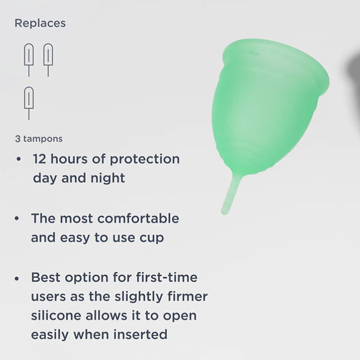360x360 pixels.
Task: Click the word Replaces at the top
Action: pyautogui.click(x=40, y=23)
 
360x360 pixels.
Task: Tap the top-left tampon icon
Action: pyautogui.click(x=29, y=59)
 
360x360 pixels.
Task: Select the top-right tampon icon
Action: pyautogui.click(x=48, y=59)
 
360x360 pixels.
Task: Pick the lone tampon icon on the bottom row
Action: pyautogui.click(x=29, y=102)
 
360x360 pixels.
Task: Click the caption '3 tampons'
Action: pyautogui.click(x=38, y=138)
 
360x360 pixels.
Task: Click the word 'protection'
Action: pyautogui.click(x=146, y=159)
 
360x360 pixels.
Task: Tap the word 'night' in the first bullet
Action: pyautogui.click(x=109, y=178)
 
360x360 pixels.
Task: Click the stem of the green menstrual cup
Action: pyautogui.click(x=229, y=194)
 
